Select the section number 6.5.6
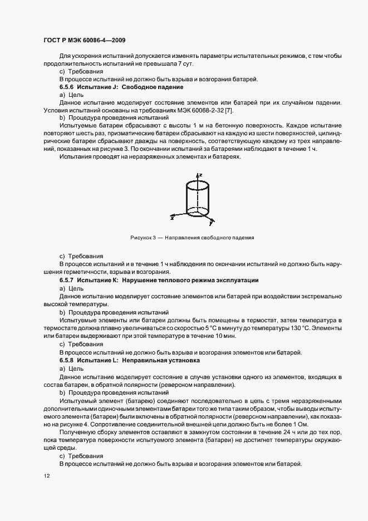coord(67,88)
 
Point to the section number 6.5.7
coord(67,280)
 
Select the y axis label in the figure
coord(210,224)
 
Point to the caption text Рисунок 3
coord(140,238)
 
